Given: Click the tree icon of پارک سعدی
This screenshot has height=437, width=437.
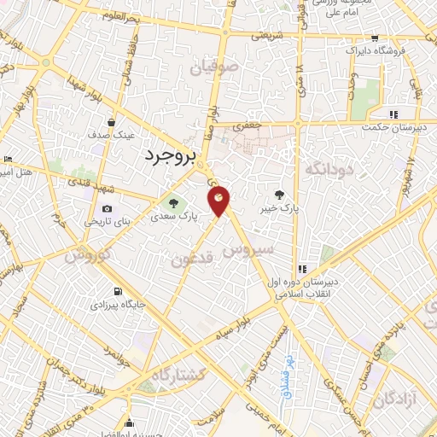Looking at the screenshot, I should (x=173, y=204).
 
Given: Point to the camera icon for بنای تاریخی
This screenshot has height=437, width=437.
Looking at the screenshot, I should (x=107, y=208).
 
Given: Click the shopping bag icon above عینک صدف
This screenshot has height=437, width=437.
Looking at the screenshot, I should (x=111, y=121).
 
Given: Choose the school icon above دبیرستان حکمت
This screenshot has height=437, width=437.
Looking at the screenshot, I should (x=393, y=114).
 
